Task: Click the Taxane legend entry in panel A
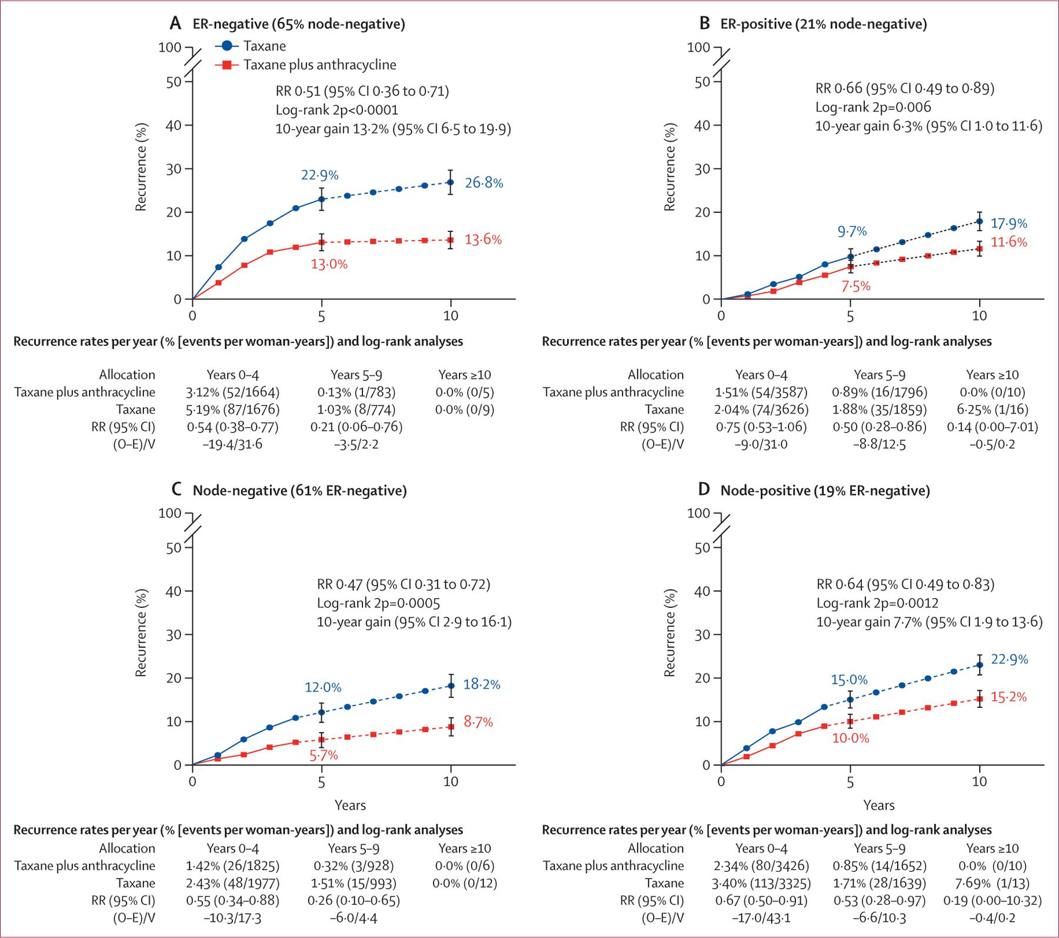(264, 46)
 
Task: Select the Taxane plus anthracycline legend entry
(319, 65)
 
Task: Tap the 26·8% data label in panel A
(484, 183)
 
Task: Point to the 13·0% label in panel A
(329, 264)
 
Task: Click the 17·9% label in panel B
(1008, 224)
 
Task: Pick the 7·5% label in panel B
(856, 287)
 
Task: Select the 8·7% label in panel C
(478, 721)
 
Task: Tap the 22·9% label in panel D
(1010, 660)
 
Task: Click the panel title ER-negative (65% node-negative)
(299, 24)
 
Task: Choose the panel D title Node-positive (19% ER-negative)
(825, 490)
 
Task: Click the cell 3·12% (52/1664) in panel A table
(232, 392)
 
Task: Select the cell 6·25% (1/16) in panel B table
(992, 410)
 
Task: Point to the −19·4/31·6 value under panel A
(232, 444)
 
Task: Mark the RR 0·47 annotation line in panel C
(403, 584)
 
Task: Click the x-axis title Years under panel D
(879, 805)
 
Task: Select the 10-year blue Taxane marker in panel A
(451, 182)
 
